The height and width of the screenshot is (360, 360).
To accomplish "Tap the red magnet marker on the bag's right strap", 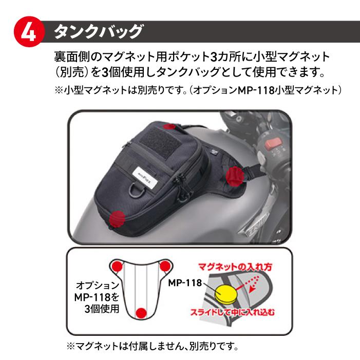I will (234, 175).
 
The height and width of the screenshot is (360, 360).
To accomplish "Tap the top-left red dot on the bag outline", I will (117, 266).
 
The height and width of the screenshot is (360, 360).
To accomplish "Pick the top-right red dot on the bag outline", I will (165, 266).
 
